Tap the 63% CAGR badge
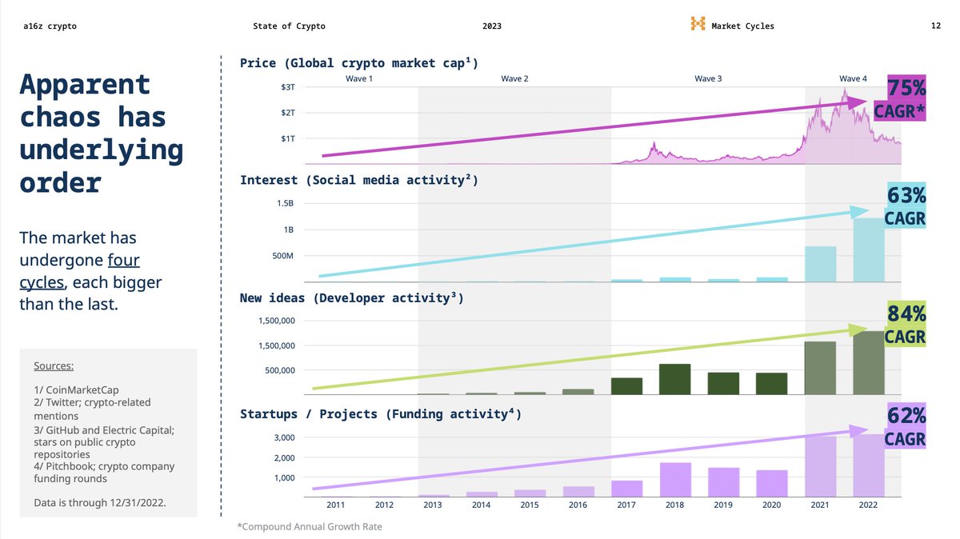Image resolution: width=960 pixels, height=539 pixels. click(x=905, y=206)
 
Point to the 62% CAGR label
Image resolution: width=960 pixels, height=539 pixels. click(x=905, y=427)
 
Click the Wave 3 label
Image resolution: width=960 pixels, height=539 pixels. click(x=708, y=78)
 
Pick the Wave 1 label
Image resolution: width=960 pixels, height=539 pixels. click(x=359, y=78)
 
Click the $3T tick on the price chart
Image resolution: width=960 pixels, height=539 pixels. click(x=288, y=86)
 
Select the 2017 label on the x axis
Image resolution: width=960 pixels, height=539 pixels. click(x=626, y=505)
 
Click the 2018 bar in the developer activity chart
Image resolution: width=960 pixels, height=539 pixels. click(x=675, y=379)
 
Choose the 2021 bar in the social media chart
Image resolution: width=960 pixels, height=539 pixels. click(x=820, y=264)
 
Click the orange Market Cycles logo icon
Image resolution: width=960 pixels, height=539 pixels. click(x=698, y=25)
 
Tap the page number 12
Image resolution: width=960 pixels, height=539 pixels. click(x=935, y=26)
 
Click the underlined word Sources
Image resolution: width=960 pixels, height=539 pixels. click(x=54, y=366)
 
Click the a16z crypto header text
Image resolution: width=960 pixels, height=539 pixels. click(x=50, y=26)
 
